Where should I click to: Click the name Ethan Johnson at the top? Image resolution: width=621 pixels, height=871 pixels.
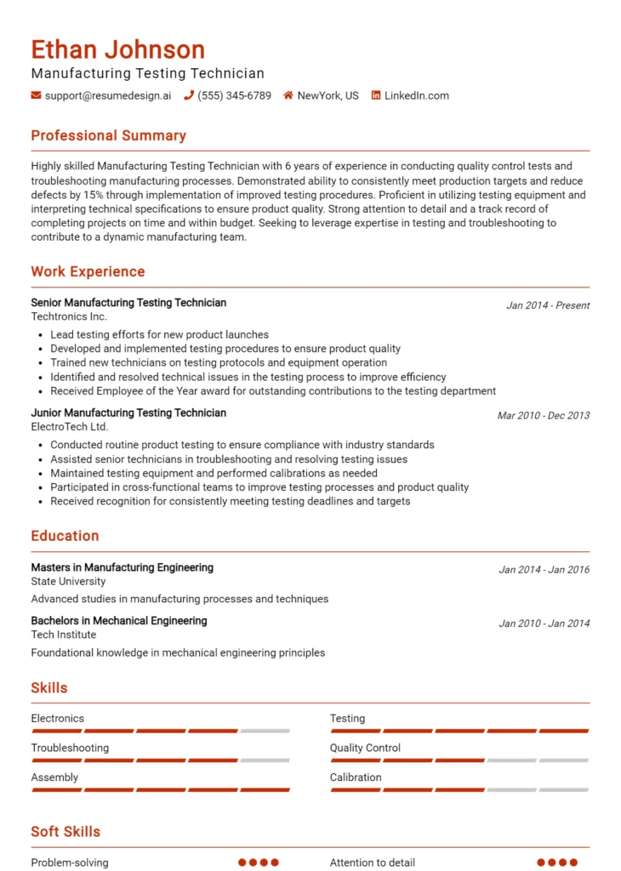(x=117, y=49)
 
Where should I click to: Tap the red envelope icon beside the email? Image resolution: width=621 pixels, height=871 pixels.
(x=36, y=96)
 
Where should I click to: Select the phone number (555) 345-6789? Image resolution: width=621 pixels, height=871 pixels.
(x=234, y=96)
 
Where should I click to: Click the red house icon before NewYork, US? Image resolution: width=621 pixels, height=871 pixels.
(x=288, y=96)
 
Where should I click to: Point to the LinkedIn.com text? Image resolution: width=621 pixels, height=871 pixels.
(x=416, y=96)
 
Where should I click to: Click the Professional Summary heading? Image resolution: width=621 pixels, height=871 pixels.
(x=108, y=136)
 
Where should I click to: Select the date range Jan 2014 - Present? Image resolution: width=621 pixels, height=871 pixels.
(x=548, y=305)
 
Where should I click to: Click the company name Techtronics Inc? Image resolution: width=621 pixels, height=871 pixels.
(x=69, y=316)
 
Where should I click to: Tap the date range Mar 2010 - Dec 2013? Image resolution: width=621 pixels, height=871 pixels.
(x=543, y=416)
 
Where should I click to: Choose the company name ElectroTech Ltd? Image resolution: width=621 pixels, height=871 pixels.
(x=70, y=427)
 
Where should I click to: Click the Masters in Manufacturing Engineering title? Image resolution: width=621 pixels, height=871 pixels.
(x=122, y=567)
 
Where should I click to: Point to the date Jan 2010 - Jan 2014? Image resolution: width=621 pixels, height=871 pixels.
(x=544, y=623)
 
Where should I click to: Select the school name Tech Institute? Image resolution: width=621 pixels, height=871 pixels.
(x=63, y=635)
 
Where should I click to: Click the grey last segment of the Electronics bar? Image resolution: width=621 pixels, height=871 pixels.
(x=265, y=731)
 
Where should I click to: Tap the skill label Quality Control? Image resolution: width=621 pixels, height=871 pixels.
(x=365, y=749)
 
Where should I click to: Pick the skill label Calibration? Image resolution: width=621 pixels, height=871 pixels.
(x=356, y=777)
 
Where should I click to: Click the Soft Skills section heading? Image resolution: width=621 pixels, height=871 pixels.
(x=66, y=832)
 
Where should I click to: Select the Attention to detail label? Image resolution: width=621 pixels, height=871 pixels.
(x=373, y=862)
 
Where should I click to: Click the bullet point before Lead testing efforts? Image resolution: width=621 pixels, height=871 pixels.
(x=42, y=335)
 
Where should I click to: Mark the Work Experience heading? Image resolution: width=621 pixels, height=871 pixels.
(x=88, y=272)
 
